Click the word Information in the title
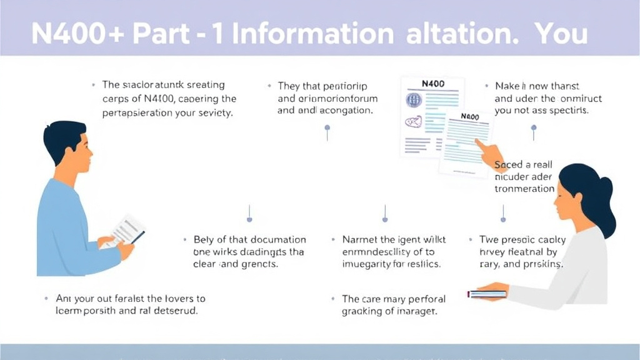(312, 34)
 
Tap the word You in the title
(561, 34)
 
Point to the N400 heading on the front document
(470, 117)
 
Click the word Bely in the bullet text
(204, 239)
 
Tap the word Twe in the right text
(489, 239)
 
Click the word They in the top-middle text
(289, 86)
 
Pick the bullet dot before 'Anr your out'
(46, 299)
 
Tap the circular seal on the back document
(413, 100)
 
